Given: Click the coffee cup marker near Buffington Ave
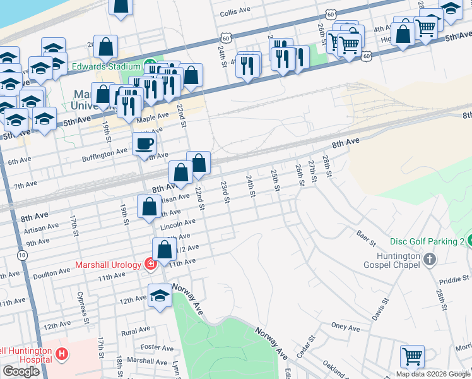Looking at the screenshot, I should pos(144,143).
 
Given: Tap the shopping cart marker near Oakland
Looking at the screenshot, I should pos(412,356).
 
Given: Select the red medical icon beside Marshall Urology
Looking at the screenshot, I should pos(150,263).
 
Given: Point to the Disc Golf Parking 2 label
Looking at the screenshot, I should pos(427,242).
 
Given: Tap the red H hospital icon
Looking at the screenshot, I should pos(61,355).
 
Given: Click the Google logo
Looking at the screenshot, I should pos(21,371).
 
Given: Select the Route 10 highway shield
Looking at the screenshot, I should pos(23,255).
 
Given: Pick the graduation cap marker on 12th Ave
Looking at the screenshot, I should pos(160,296).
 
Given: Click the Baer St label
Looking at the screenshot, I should pos(366,239).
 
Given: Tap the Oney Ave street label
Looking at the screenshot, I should pos(345,328).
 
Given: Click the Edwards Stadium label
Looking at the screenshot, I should pos(106,66).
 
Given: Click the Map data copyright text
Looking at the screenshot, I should pos(433,373).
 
